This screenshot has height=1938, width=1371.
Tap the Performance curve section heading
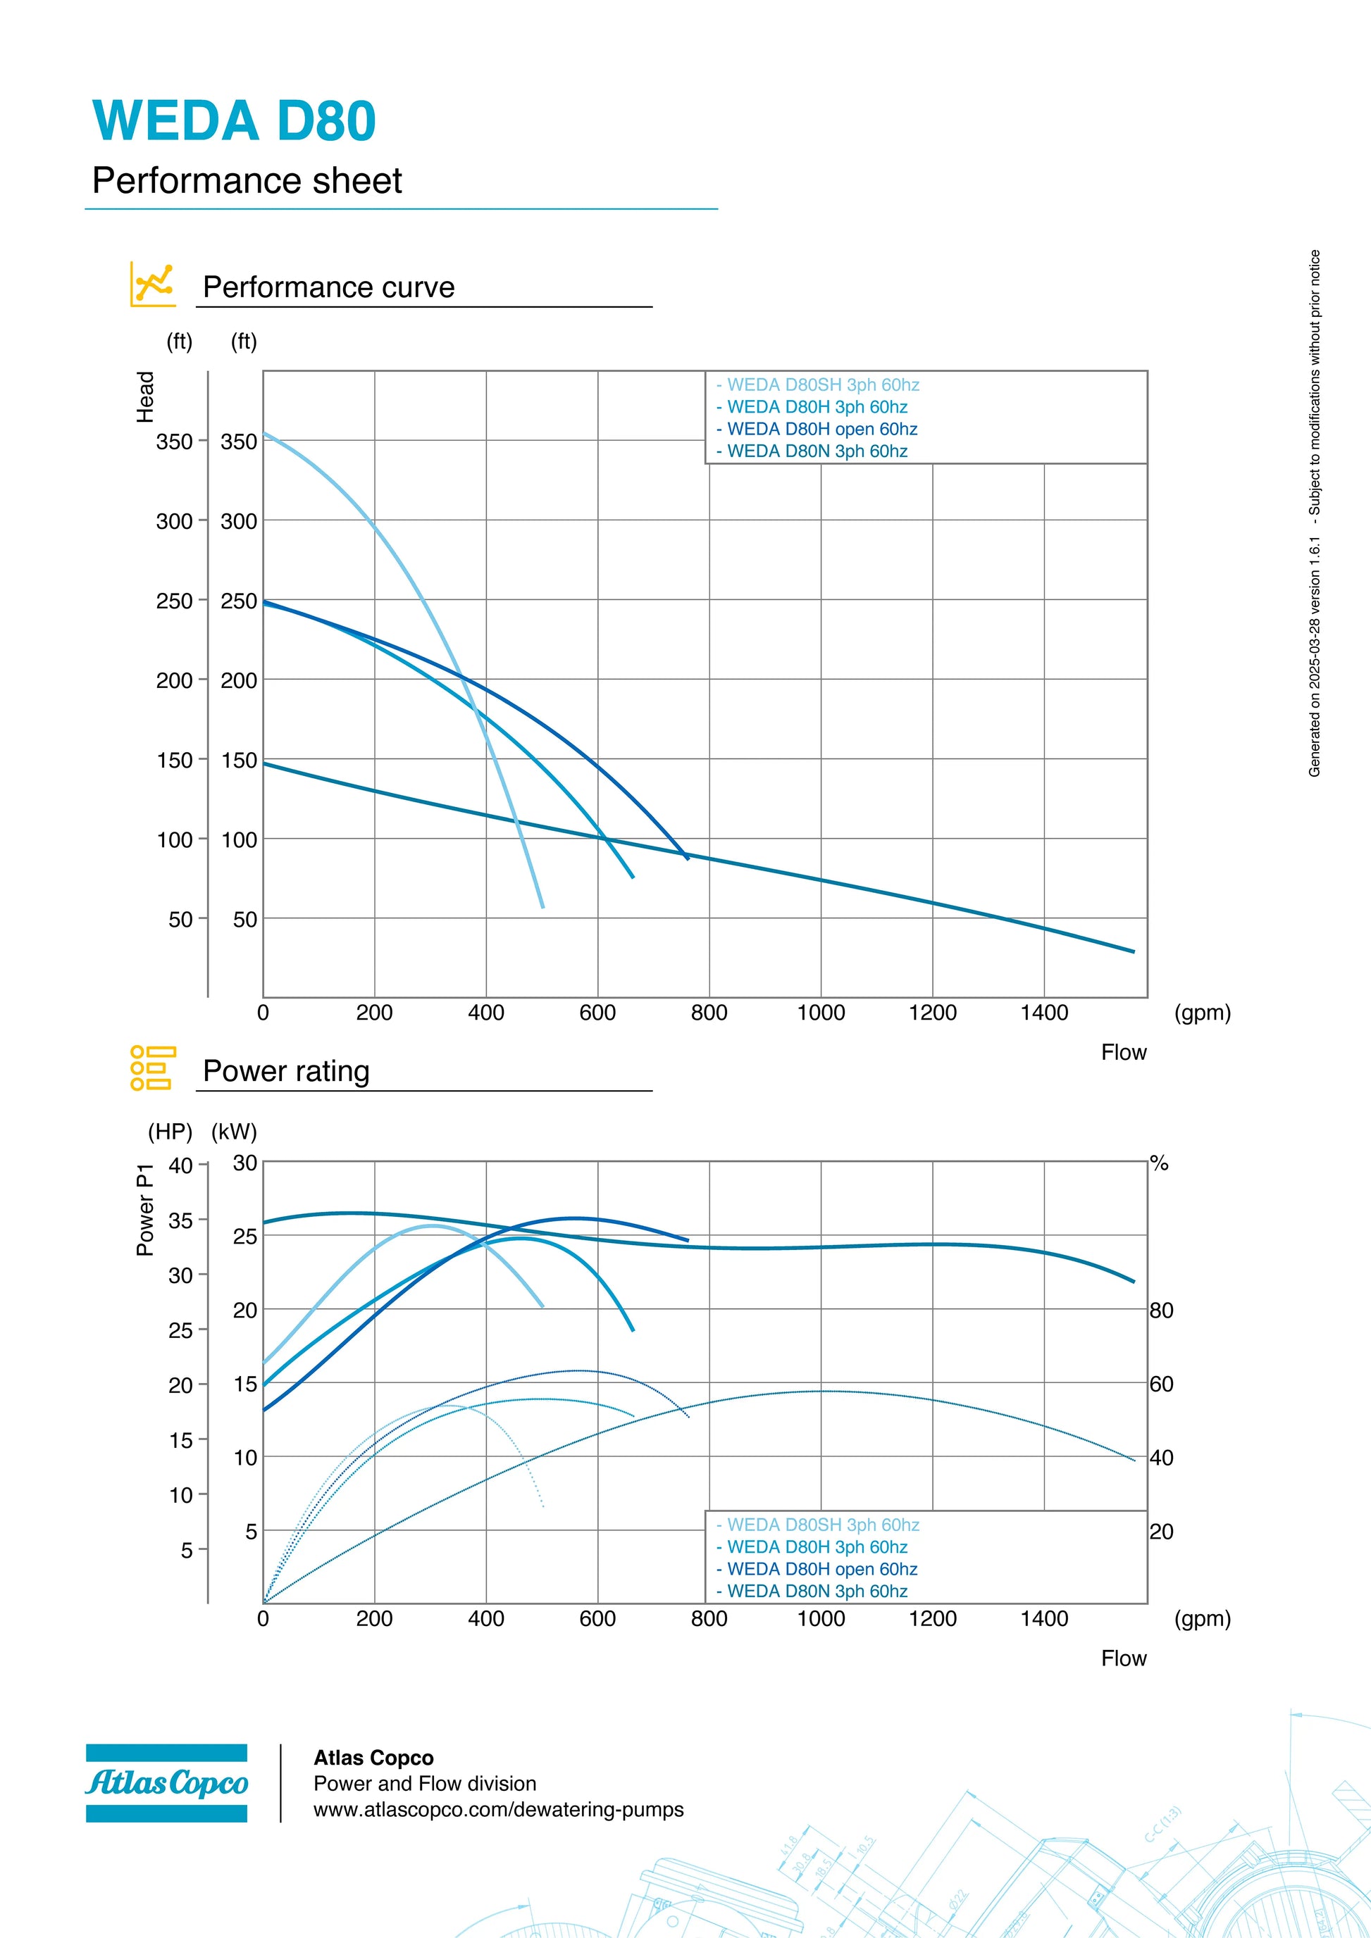(x=328, y=287)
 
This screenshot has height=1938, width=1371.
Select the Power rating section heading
(x=286, y=1070)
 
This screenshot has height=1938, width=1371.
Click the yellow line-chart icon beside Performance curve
(x=153, y=284)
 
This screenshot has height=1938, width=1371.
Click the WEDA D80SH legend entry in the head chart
(x=817, y=385)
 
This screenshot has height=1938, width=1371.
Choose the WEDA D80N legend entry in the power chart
(x=812, y=1590)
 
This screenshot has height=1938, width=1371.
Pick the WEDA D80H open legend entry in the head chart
(x=817, y=429)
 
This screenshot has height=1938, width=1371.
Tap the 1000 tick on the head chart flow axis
(x=821, y=1012)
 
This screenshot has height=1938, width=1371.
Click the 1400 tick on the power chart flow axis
(x=1043, y=1618)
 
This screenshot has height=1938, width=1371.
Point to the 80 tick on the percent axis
(x=1161, y=1310)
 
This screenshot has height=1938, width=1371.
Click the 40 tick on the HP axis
(x=180, y=1165)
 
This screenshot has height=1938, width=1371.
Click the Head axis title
(x=145, y=396)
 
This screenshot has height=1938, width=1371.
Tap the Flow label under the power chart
(x=1123, y=1658)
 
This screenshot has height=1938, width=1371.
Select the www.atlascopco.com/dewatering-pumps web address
(x=498, y=1809)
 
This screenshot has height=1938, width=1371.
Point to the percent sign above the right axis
(x=1159, y=1163)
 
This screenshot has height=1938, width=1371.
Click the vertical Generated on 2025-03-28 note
(x=1315, y=513)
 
